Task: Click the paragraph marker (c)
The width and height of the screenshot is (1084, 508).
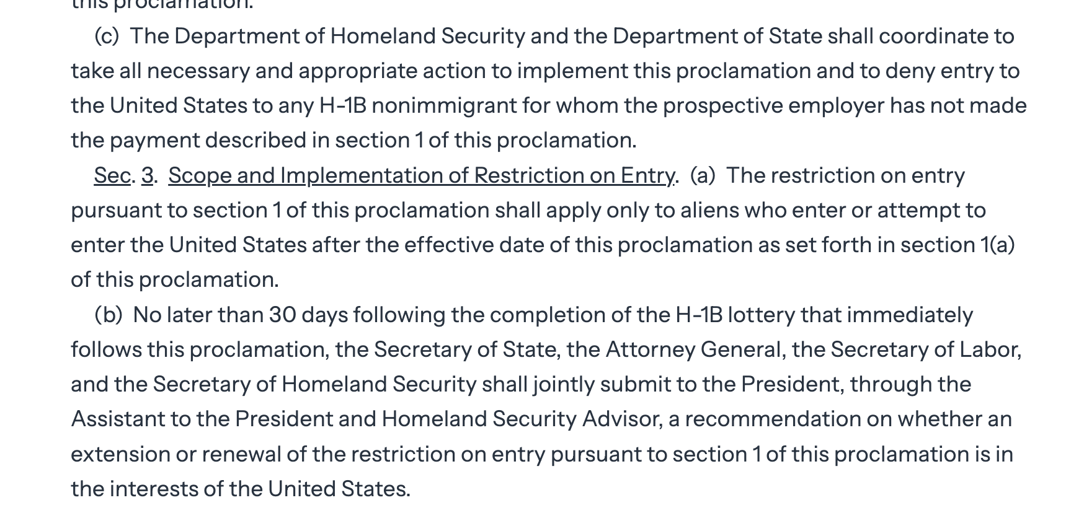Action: pyautogui.click(x=107, y=37)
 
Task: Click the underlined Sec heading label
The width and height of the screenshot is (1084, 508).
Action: pyautogui.click(x=112, y=176)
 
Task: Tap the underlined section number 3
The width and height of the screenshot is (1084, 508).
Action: pyautogui.click(x=147, y=176)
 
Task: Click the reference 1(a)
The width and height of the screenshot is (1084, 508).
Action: pyautogui.click(x=997, y=245)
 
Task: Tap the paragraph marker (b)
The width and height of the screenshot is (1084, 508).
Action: pyautogui.click(x=109, y=315)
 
